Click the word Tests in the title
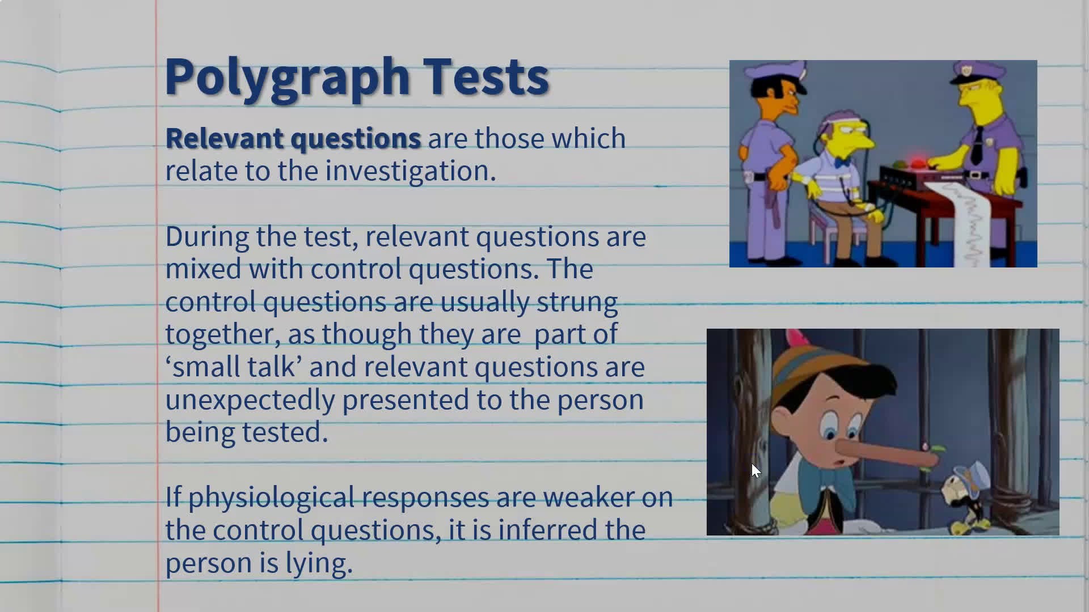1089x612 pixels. click(x=486, y=76)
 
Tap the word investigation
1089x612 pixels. click(x=411, y=171)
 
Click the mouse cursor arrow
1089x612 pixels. click(x=755, y=470)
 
